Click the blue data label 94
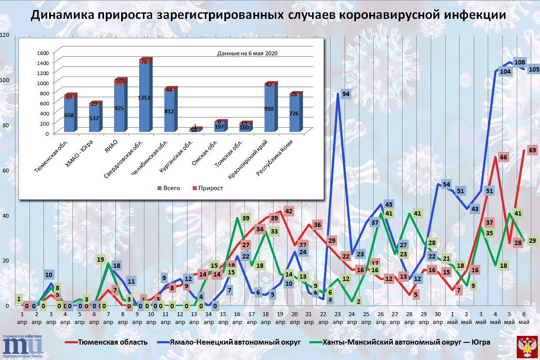click(346, 94)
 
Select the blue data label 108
click(519, 63)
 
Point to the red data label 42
click(288, 211)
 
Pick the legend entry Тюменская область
click(110, 342)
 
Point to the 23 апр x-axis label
click(338, 318)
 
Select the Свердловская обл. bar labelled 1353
click(144, 97)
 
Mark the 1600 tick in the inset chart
click(43, 53)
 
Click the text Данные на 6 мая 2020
click(248, 53)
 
